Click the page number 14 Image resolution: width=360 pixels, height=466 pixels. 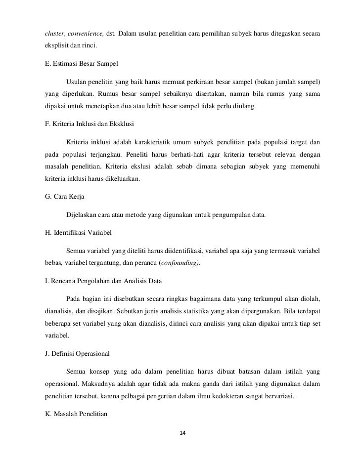click(182, 433)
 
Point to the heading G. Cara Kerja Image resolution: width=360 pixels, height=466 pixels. click(65, 196)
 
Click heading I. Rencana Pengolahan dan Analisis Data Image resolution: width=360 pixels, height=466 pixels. click(104, 281)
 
